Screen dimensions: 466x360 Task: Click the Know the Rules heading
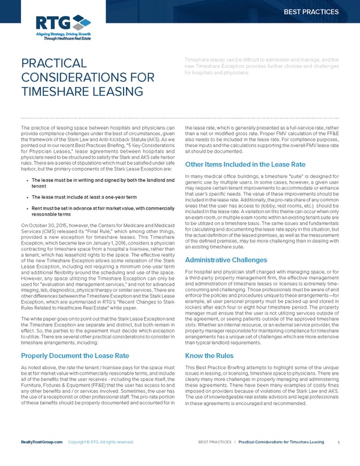[209, 355]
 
